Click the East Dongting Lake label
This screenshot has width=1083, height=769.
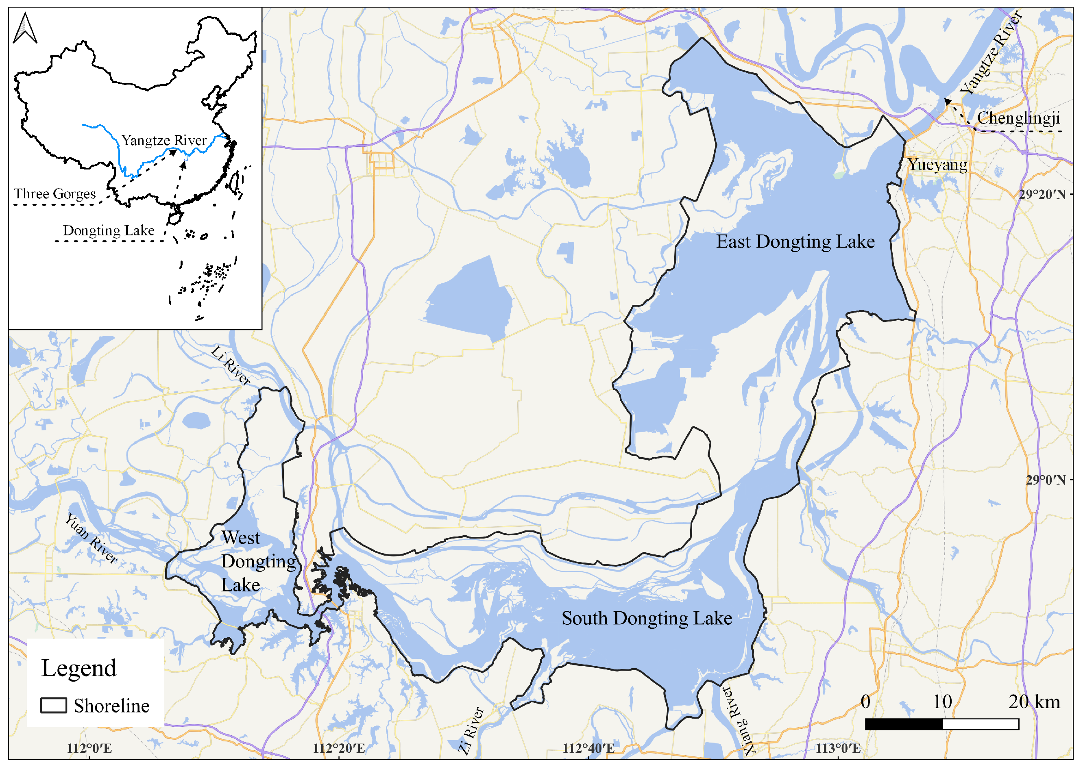pos(795,242)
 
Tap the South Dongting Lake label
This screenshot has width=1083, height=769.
pos(647,619)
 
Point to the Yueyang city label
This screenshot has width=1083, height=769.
pos(937,165)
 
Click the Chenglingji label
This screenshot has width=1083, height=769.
pos(1018,118)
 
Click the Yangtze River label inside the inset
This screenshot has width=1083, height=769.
pos(164,140)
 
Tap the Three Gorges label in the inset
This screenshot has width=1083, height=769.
pos(54,193)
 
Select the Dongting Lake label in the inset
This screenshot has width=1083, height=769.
pos(109,230)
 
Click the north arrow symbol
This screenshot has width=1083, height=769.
pos(25,28)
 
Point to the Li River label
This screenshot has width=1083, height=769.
pos(231,365)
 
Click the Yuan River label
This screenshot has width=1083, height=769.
pos(91,539)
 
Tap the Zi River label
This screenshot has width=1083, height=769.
pos(471,730)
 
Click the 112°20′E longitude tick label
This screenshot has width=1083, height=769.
pos(339,749)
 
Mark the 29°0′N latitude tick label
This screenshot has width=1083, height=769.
pos(1046,480)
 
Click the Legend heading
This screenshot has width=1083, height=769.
pos(78,668)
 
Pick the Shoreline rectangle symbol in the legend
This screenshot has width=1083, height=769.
pos(54,706)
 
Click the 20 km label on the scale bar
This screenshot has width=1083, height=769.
pos(1034,702)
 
